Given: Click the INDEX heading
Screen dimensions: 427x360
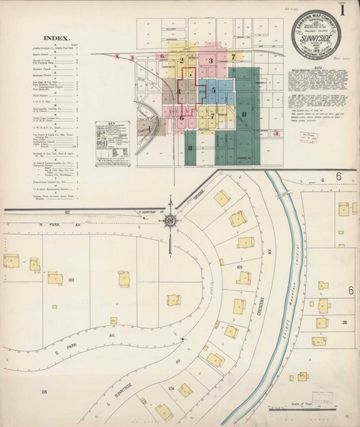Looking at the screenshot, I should point(56,38).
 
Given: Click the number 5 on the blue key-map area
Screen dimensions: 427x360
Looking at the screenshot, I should point(212,90).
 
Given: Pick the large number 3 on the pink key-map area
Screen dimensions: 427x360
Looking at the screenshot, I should point(211,61).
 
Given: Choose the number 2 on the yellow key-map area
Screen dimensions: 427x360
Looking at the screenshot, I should point(182,61).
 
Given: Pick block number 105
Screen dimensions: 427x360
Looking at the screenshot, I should point(240,267).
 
